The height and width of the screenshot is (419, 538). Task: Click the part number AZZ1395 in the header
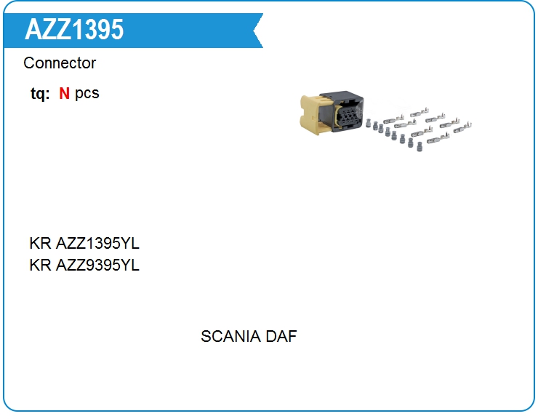click(x=74, y=30)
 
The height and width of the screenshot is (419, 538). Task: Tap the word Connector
click(x=60, y=63)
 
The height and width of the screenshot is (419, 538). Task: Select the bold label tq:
click(x=40, y=94)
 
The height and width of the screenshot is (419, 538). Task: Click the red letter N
click(x=64, y=94)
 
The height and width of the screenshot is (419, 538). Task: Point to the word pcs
click(x=87, y=94)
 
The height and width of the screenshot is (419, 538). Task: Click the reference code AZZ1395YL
click(x=97, y=244)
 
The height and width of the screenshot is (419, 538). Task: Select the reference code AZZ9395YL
click(x=97, y=266)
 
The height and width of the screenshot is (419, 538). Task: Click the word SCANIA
click(x=230, y=337)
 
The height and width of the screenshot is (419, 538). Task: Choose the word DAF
click(x=281, y=337)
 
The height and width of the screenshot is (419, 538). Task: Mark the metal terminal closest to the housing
click(x=386, y=118)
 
